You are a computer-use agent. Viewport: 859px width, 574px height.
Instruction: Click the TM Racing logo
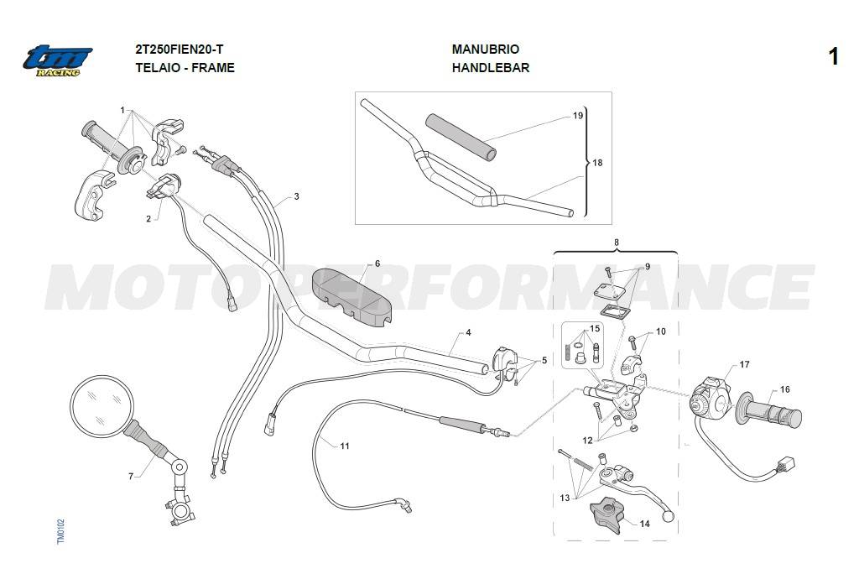point(58,61)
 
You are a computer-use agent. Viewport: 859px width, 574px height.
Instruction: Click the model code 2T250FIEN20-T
point(180,50)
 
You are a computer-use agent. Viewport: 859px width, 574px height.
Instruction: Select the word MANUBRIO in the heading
point(486,50)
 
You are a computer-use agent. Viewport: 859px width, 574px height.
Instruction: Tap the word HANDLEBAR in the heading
point(490,68)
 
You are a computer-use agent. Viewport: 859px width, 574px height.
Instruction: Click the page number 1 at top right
point(833,57)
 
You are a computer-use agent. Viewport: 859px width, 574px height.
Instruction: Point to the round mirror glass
point(102,406)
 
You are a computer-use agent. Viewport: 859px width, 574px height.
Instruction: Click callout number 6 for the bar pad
point(377,264)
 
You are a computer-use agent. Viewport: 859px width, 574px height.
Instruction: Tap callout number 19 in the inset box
point(578,116)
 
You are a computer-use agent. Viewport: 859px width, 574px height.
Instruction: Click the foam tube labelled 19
point(462,137)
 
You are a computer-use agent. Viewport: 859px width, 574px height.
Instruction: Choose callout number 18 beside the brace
point(597,163)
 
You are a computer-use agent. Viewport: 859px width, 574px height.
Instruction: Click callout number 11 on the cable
point(345,446)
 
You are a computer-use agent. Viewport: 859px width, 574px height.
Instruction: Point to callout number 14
point(645,524)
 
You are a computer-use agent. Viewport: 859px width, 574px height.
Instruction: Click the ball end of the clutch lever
point(668,516)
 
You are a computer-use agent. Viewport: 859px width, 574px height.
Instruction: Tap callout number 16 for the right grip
point(785,389)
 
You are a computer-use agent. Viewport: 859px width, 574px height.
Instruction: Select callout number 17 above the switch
point(745,364)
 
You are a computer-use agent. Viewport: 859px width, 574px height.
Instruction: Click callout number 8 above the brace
point(617,243)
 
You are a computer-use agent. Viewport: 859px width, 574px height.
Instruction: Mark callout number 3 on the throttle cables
point(296,196)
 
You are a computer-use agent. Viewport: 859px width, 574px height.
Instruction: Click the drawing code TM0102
point(60,532)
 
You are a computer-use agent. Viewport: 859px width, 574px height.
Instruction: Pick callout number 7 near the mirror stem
point(130,477)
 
